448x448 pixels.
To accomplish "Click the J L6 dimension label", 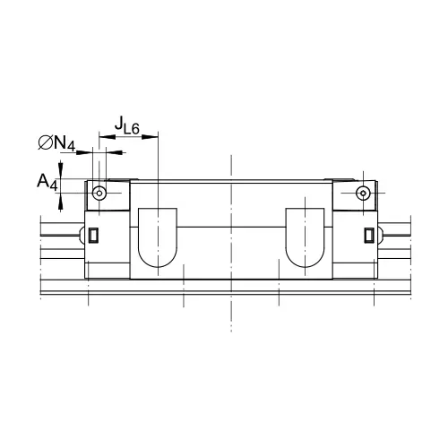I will point(125,125).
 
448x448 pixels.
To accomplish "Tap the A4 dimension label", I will point(47,183).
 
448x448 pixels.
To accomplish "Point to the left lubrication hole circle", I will point(100,193).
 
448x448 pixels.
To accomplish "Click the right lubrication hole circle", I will point(362,193).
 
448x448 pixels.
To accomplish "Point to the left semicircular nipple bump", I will point(84,235).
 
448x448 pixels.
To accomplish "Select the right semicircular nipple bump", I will point(381,235).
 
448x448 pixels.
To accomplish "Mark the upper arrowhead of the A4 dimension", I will point(60,170).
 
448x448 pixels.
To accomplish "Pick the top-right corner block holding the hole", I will point(357,194).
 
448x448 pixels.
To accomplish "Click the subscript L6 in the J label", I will point(131,130).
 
